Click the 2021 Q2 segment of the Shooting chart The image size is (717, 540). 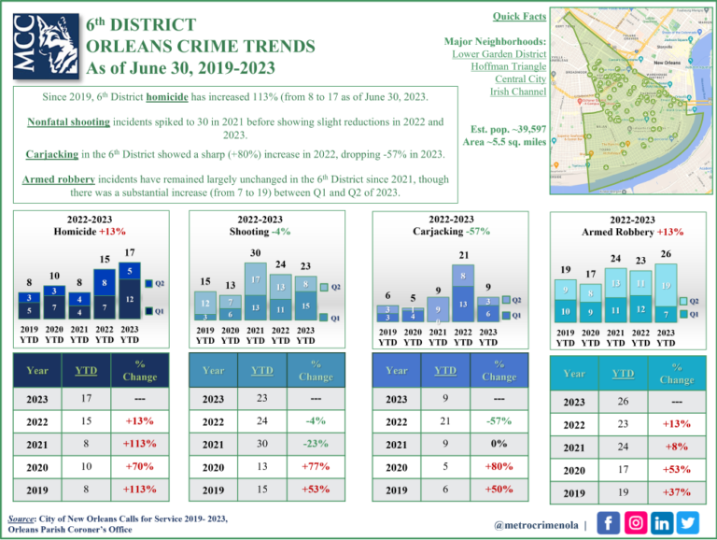point(255,279)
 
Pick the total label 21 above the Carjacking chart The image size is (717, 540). point(463,255)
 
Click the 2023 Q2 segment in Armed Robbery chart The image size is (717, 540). point(665,285)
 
